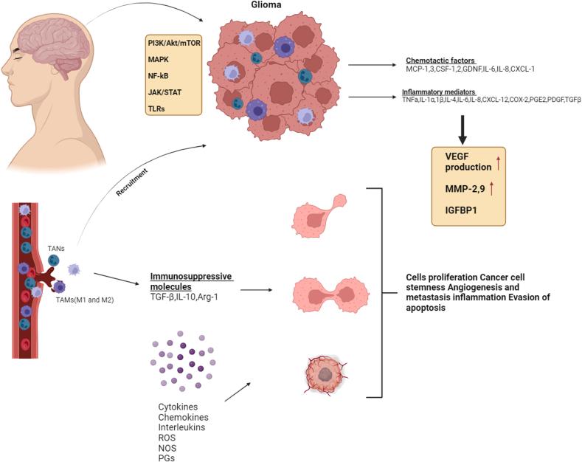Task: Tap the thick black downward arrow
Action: click(x=463, y=127)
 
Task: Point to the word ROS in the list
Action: click(x=167, y=437)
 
